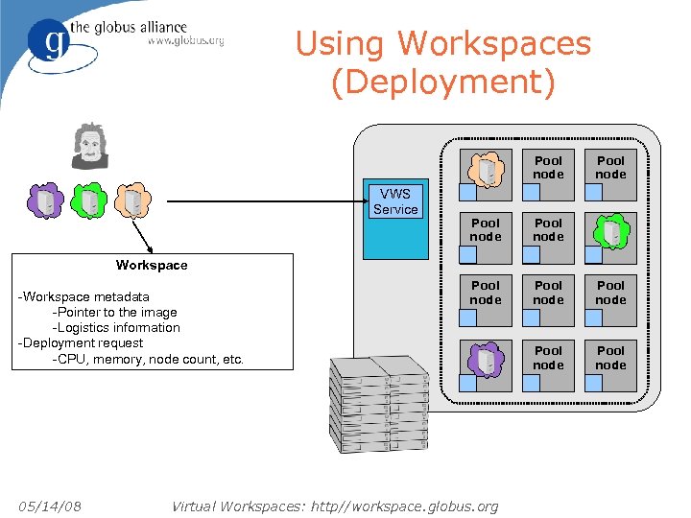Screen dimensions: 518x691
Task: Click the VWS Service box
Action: pos(394,221)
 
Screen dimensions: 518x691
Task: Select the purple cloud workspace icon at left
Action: pos(46,201)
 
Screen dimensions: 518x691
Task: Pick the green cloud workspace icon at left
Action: pos(88,201)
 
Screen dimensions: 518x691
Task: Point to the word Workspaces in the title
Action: pos(494,43)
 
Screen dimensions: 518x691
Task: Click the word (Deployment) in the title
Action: pos(442,82)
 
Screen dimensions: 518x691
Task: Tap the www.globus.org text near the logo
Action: pos(184,41)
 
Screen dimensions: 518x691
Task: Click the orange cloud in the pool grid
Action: pos(486,169)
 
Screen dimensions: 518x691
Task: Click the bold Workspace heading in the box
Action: pos(152,265)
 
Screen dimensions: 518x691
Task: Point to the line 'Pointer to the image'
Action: pos(115,312)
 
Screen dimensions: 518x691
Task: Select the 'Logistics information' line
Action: pos(116,327)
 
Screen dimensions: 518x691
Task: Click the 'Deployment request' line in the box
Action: pos(81,342)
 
